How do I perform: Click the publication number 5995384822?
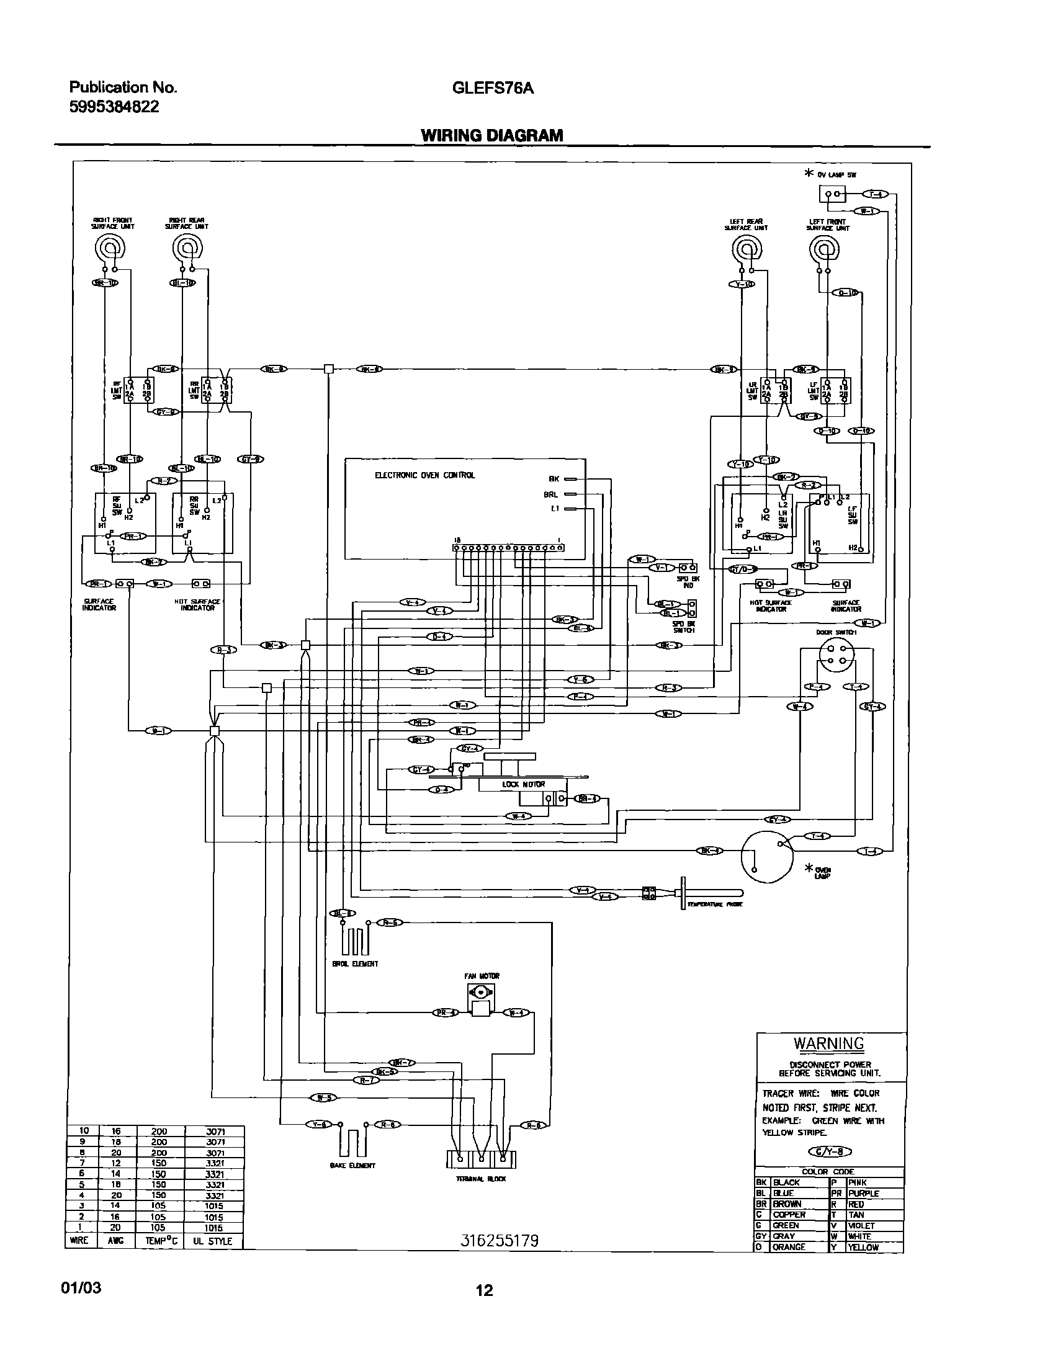tap(114, 106)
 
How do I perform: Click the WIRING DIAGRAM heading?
tap(491, 136)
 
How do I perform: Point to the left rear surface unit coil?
tap(746, 251)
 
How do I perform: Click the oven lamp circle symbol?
tap(767, 858)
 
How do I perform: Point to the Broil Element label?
tap(355, 963)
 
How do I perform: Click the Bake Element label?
tap(352, 1165)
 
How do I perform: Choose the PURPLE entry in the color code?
tap(864, 1193)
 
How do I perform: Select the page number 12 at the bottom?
tap(484, 1290)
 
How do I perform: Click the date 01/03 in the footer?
tap(81, 1288)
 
